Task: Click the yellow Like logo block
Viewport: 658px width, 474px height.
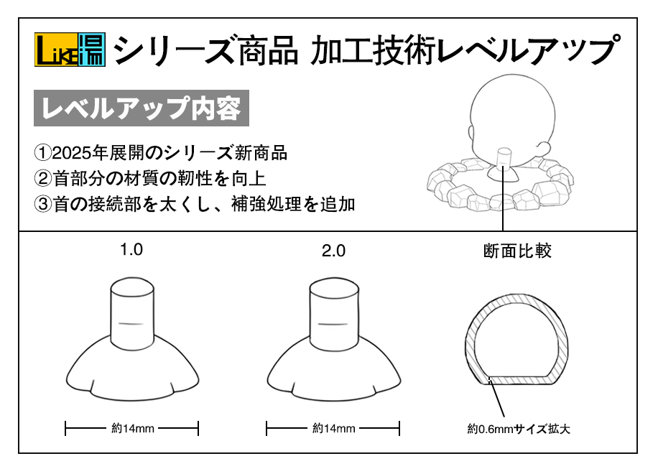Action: point(57,50)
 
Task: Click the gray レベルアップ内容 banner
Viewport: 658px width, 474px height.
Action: point(142,108)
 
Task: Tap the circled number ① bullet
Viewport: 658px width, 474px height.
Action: point(42,153)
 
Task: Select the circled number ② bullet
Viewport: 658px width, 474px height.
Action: point(42,179)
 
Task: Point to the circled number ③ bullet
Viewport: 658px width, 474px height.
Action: point(42,204)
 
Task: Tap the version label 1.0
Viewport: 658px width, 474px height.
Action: point(131,250)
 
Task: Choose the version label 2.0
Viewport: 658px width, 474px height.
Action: point(333,251)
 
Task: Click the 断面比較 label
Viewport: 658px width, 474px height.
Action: point(517,251)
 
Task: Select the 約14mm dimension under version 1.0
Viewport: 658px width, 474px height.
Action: point(133,428)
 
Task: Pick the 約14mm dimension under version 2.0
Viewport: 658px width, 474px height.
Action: point(333,428)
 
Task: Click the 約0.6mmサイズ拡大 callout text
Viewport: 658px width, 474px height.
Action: point(519,429)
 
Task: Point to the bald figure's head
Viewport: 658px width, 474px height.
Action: point(512,114)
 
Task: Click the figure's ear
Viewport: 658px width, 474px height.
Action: point(544,149)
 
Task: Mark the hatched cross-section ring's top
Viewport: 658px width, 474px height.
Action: point(516,298)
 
